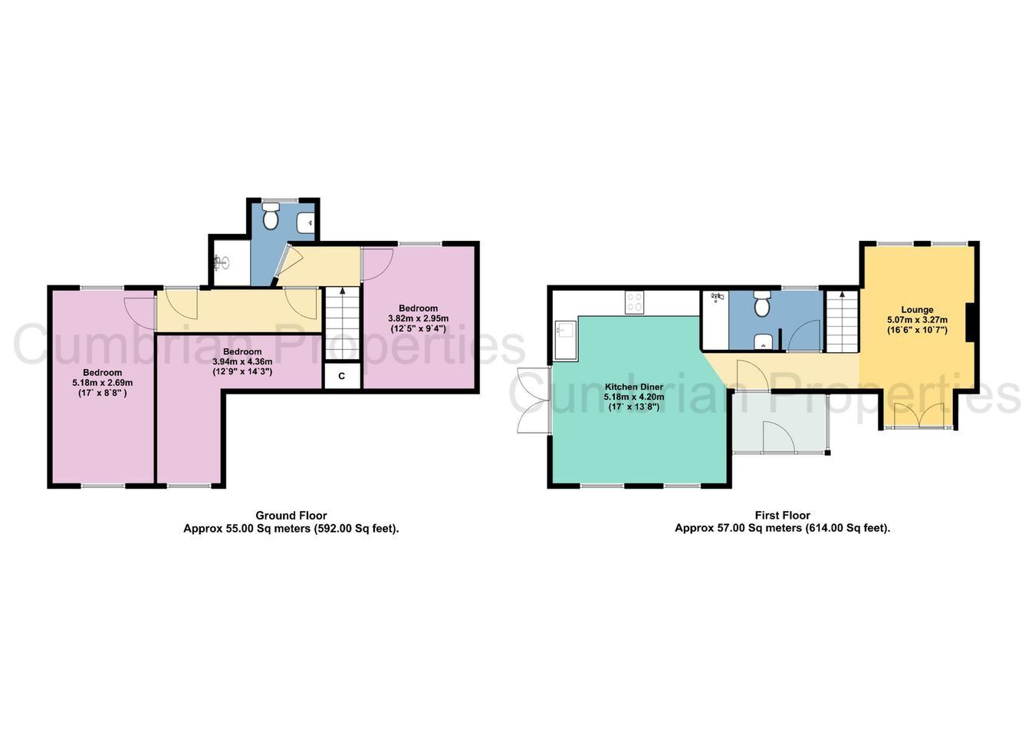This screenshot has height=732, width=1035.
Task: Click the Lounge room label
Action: [917, 310]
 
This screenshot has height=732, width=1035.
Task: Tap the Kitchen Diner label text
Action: [634, 387]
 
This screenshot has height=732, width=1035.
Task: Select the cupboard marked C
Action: [342, 376]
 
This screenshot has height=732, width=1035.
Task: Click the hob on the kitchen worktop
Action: [634, 302]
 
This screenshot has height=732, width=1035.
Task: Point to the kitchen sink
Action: [566, 340]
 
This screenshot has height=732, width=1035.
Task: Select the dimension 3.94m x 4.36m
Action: [242, 361]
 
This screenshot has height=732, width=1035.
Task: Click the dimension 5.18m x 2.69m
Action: [102, 383]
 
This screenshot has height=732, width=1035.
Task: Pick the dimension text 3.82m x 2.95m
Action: [418, 318]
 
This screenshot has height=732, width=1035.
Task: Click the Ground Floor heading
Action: [291, 516]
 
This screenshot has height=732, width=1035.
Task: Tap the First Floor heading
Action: [783, 515]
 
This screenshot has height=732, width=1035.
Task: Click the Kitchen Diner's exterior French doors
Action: [534, 401]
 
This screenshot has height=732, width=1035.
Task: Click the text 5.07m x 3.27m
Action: [917, 320]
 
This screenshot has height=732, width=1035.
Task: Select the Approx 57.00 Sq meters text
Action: [738, 528]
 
